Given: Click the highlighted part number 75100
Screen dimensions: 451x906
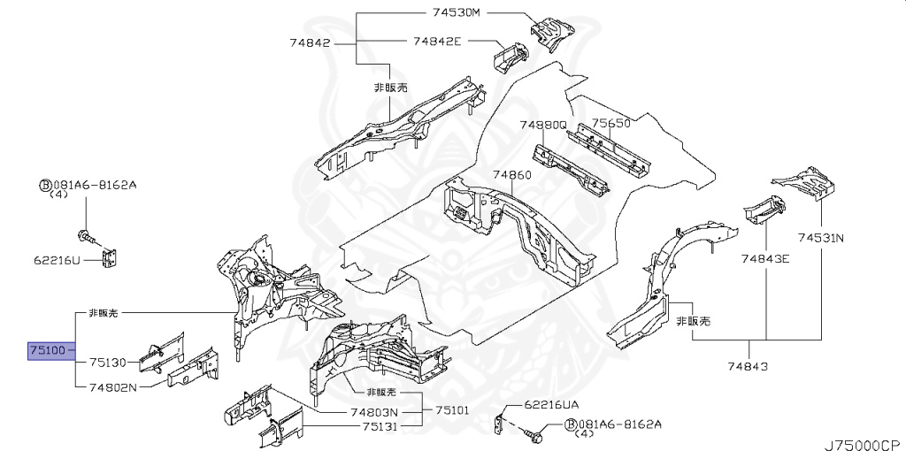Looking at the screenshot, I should tap(47, 351).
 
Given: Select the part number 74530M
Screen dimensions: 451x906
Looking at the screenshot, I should tap(456, 13).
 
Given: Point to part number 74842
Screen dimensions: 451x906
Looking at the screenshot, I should tap(309, 42).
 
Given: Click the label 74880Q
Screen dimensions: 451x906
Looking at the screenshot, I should tap(542, 125).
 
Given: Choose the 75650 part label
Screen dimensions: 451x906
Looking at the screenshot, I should tap(610, 124).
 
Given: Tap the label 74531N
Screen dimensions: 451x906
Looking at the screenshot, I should tap(820, 237).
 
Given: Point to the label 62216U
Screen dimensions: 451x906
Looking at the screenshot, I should tap(58, 261).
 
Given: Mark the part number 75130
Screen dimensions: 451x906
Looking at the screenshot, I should tap(108, 362).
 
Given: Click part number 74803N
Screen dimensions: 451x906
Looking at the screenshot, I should tap(373, 412).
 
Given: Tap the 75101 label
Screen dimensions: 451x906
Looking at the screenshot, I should tap(451, 412).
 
